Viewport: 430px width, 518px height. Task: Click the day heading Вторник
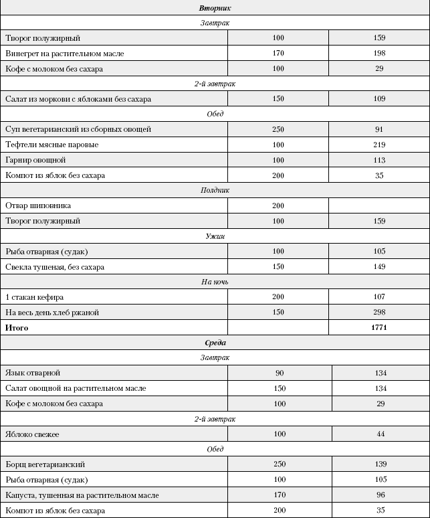pos(215,7)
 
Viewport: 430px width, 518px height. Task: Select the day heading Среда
pos(215,343)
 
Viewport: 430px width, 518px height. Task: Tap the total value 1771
pos(379,327)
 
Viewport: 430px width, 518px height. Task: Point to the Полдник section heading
pos(215,190)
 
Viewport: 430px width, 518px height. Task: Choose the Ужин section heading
pos(215,236)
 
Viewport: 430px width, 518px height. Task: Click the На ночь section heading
pos(215,282)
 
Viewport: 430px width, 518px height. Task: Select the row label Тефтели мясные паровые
pos(51,145)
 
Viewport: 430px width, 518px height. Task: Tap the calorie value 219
pos(379,145)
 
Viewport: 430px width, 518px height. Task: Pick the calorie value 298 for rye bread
pos(379,313)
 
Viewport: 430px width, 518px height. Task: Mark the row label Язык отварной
pos(33,373)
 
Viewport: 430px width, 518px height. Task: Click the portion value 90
pos(279,373)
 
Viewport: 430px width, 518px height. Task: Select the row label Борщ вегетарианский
pos(45,464)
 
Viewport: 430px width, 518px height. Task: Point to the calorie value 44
pos(379,434)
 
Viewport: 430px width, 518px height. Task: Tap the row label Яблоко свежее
pos(32,434)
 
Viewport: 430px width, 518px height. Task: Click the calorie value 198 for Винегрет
pos(379,53)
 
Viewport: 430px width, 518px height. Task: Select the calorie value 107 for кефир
pos(379,297)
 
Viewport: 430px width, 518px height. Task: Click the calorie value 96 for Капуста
pos(379,495)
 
